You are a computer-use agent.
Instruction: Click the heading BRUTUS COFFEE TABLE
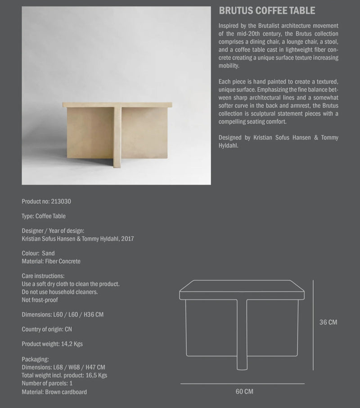click(267, 11)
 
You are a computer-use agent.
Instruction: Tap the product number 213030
click(59, 201)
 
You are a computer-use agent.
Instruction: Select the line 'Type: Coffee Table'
click(44, 216)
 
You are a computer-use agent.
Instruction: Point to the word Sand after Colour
click(48, 254)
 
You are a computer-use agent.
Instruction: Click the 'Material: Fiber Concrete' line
click(51, 261)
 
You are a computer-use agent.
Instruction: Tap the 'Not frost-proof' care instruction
click(40, 299)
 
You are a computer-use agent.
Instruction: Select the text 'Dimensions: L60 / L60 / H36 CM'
click(63, 314)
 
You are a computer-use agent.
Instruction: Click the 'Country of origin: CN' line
click(47, 329)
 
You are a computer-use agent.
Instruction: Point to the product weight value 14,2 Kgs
click(72, 344)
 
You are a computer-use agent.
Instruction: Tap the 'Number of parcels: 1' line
click(47, 383)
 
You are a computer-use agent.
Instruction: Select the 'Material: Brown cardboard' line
click(54, 392)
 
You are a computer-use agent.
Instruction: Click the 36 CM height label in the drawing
click(328, 322)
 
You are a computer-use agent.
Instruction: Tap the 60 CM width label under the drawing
click(244, 392)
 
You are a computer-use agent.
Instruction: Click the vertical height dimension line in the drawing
click(313, 324)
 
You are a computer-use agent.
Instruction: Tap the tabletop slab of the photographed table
click(117, 104)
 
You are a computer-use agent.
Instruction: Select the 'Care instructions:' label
click(43, 276)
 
